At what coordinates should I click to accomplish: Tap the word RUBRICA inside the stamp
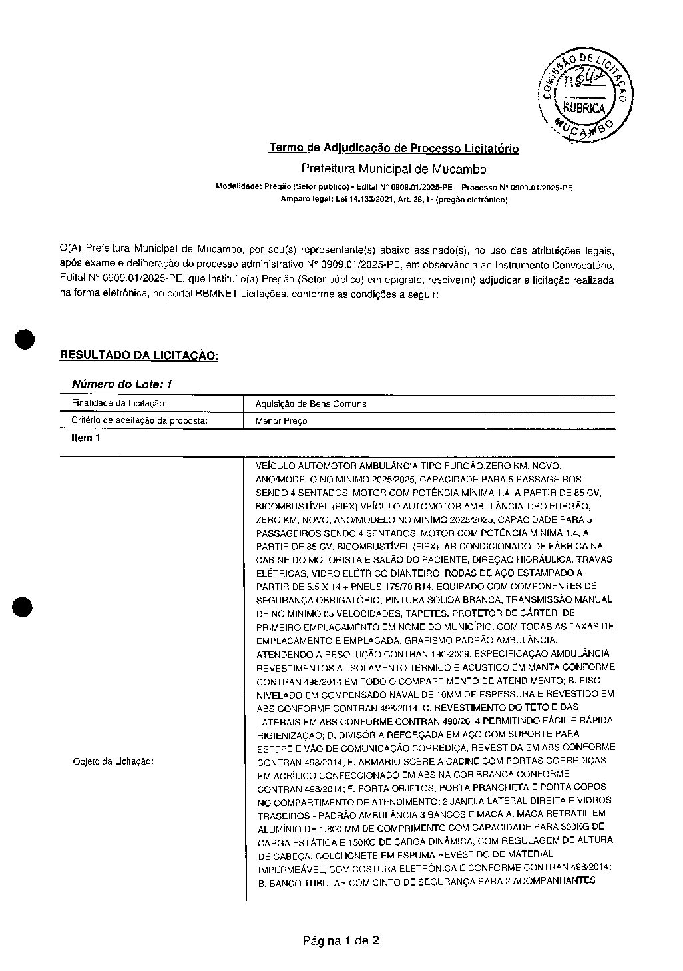(584, 108)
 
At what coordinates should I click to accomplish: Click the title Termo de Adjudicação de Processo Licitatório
(393, 148)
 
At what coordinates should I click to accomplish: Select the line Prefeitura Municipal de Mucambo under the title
(393, 169)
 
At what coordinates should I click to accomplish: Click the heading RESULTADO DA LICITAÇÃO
(139, 355)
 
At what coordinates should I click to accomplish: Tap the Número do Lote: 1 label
(122, 384)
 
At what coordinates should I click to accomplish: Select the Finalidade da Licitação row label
(119, 403)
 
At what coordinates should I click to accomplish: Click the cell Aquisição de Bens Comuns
(311, 404)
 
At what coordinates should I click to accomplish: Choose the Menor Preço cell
(281, 421)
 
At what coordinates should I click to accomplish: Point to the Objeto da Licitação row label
(113, 761)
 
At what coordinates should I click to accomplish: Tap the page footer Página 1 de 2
(341, 940)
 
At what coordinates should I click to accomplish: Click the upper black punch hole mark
(25, 338)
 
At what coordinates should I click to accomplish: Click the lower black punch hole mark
(22, 607)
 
